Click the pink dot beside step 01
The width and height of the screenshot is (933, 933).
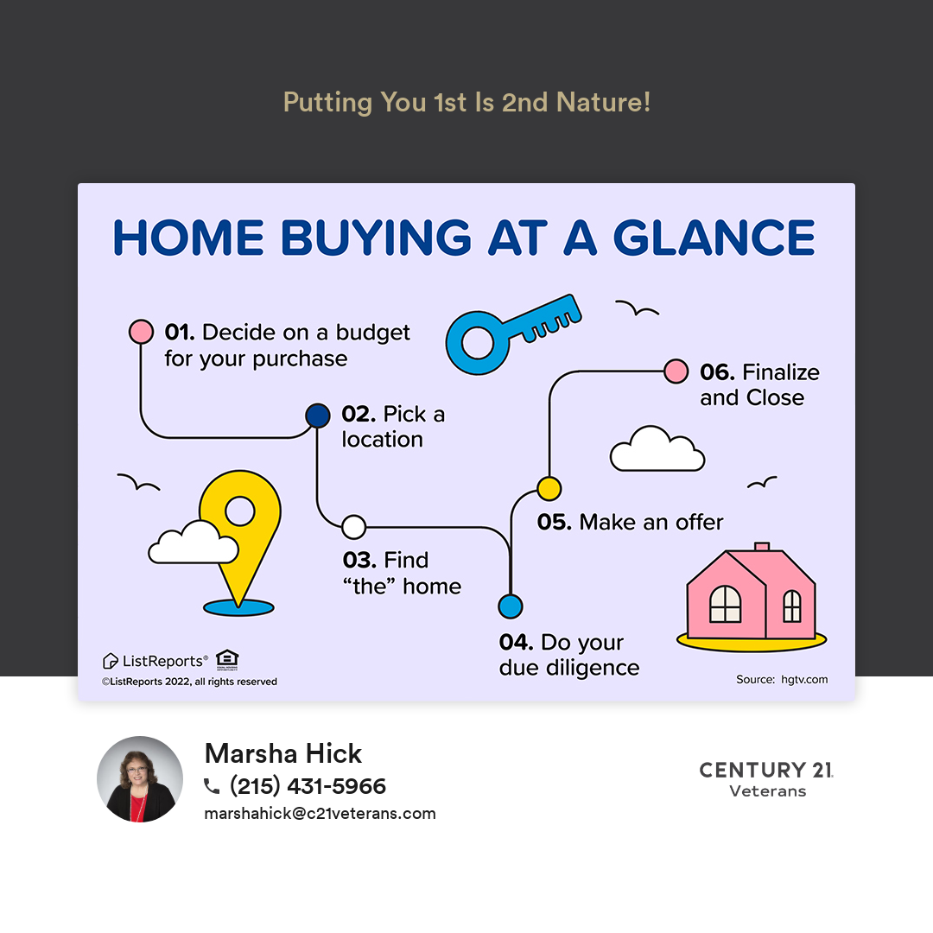point(141,332)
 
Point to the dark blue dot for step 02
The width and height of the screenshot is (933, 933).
point(318,416)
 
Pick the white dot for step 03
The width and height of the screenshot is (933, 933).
point(354,527)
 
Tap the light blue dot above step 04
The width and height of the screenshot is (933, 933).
point(511,606)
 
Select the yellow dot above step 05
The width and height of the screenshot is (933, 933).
point(549,488)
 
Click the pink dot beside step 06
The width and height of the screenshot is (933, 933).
point(676,371)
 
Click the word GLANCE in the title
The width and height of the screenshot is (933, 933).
point(714,238)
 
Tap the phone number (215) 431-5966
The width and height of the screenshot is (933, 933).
point(308,786)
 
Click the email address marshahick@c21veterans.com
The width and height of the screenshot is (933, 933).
point(320,814)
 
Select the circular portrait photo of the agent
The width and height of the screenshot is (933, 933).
point(140,779)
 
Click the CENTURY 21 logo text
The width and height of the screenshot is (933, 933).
point(766,770)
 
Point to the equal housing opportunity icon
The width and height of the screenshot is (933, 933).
point(227,659)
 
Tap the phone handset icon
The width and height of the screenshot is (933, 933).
point(212,787)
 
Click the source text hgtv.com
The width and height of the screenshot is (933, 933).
point(804,680)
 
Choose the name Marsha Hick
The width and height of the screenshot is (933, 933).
point(283,753)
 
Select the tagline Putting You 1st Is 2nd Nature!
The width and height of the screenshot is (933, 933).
point(467,102)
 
